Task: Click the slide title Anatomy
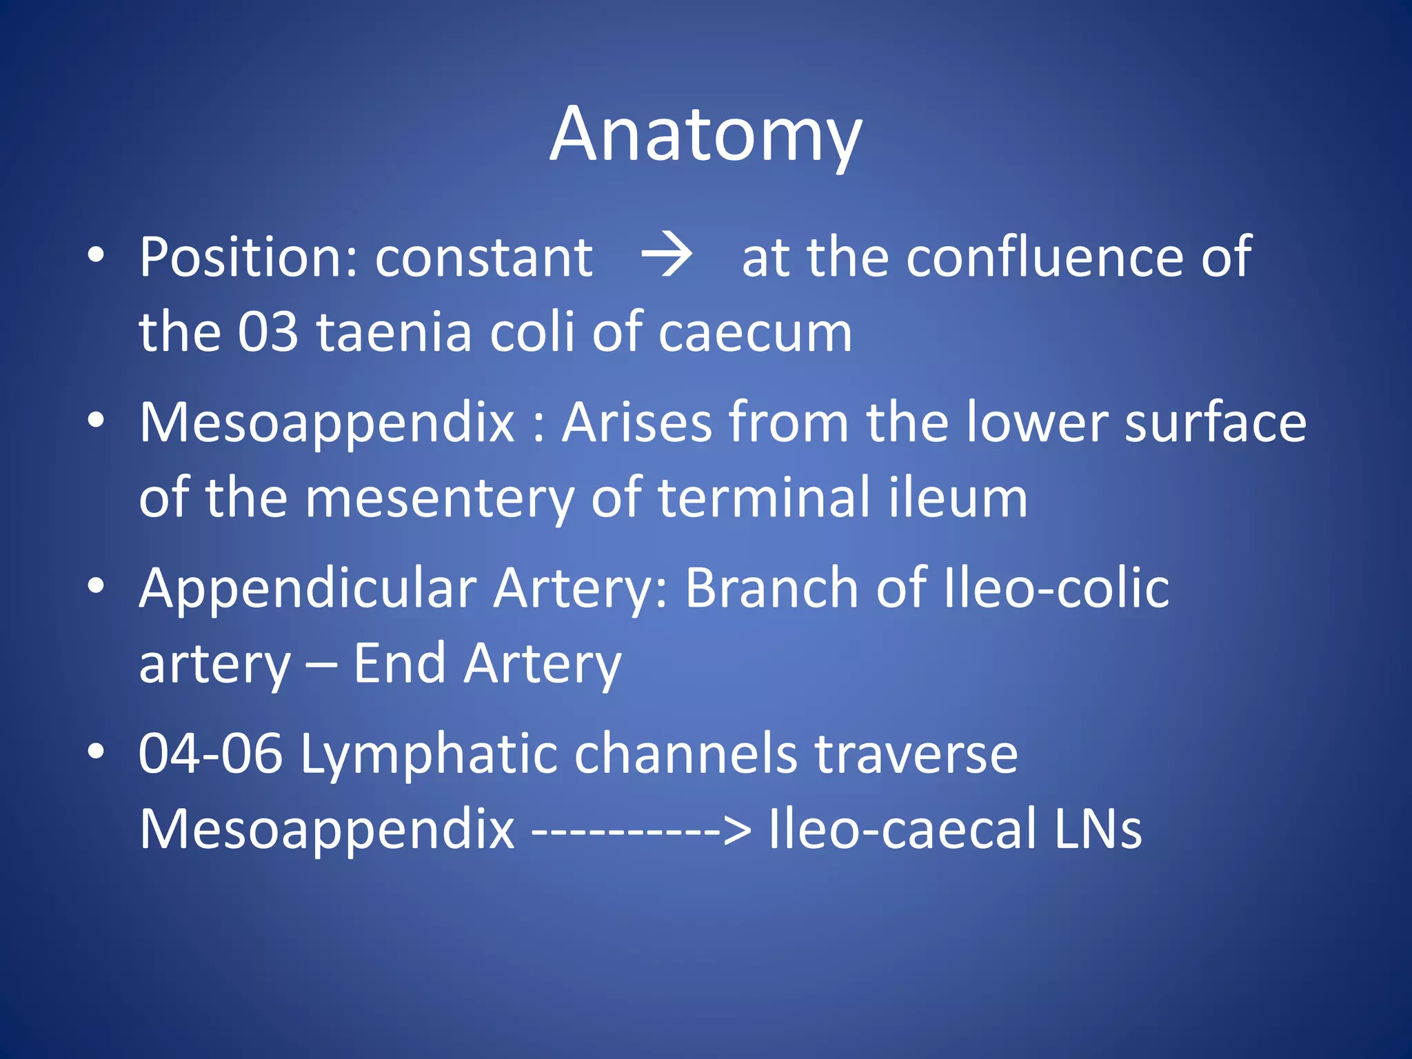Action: (x=705, y=136)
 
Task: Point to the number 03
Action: (x=268, y=332)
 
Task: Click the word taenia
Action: (x=394, y=332)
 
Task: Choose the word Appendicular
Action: (x=307, y=588)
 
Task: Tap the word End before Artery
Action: (x=399, y=663)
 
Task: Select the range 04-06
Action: (x=210, y=754)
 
